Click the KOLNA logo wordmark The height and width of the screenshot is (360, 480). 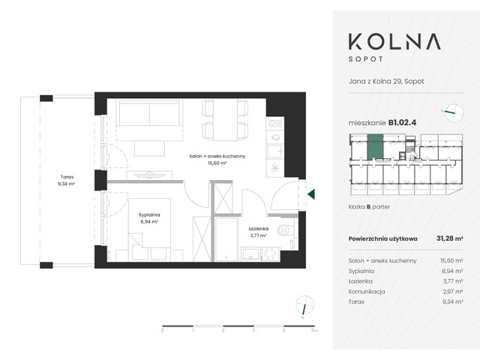click(x=400, y=40)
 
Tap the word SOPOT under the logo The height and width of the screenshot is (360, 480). click(x=400, y=58)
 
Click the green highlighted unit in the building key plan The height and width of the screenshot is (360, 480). click(x=373, y=146)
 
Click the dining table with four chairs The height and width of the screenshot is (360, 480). click(x=225, y=120)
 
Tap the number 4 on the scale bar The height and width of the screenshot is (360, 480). click(x=283, y=329)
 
